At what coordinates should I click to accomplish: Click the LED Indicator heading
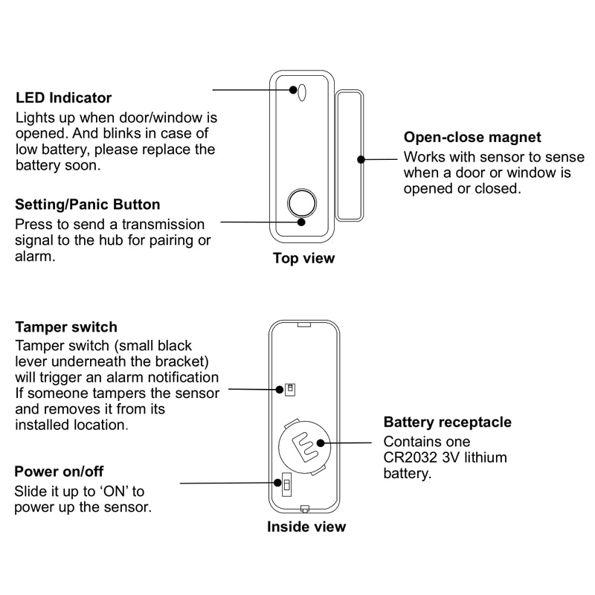pos(64,97)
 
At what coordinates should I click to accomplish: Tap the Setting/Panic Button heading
pos(88,205)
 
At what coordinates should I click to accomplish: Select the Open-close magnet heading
pos(472,138)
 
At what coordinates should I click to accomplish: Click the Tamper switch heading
pos(66,327)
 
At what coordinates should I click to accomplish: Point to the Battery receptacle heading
pos(447,422)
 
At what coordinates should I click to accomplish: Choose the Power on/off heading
pos(59,472)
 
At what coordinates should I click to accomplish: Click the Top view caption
pos(303,259)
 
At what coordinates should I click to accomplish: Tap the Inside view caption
pos(306,527)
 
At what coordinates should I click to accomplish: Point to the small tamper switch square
pos(289,389)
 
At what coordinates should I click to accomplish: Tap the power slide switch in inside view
pos(286,485)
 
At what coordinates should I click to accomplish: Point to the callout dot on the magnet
pos(361,158)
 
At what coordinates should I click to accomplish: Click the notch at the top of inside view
pos(304,324)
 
